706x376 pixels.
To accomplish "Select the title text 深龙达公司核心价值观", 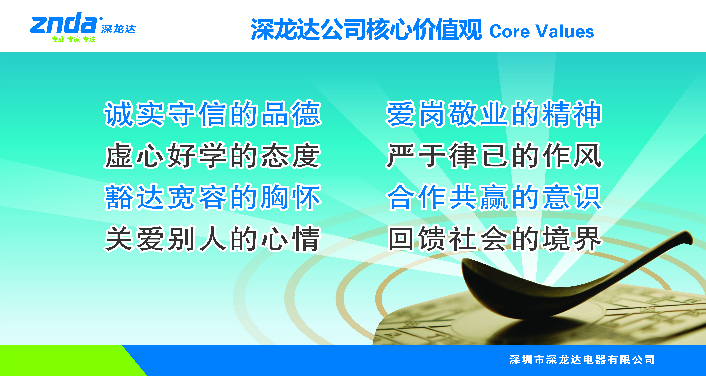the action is [366, 29].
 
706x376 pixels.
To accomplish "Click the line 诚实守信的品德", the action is [213, 114].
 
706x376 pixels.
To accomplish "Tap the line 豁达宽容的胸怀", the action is [213, 197].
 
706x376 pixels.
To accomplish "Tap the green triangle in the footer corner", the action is [55, 360].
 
